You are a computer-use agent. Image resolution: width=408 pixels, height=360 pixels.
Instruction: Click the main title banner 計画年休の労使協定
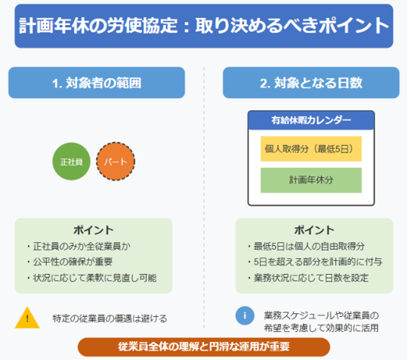(x=204, y=26)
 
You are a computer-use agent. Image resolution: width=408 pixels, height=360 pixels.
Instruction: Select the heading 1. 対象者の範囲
(x=97, y=83)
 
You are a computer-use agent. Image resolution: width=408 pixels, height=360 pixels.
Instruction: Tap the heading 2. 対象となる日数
(x=311, y=83)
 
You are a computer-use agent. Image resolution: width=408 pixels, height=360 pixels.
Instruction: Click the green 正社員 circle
(x=71, y=162)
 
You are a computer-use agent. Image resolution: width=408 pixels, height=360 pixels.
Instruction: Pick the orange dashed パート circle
(x=116, y=162)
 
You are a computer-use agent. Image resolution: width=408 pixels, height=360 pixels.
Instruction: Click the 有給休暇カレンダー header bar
(x=311, y=120)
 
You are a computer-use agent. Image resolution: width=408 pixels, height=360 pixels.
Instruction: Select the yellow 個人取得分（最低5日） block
(x=311, y=149)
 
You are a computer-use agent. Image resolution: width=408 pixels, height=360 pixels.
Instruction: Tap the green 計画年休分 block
(x=311, y=180)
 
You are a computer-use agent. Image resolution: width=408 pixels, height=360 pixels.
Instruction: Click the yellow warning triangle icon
(x=27, y=318)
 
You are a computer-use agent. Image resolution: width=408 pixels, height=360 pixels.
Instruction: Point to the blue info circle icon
(x=245, y=315)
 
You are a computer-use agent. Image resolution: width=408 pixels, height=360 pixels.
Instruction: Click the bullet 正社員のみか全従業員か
(x=79, y=246)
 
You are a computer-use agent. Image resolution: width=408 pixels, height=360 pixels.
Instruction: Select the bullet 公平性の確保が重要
(x=70, y=262)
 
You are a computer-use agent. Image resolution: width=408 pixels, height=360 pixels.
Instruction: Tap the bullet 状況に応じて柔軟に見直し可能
(x=91, y=278)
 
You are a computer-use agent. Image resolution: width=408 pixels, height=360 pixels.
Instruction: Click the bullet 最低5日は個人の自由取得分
(x=306, y=246)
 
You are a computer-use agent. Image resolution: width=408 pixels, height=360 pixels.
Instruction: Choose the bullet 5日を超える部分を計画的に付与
(x=315, y=262)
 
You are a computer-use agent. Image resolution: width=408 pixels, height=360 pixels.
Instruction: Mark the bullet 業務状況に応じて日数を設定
(x=308, y=278)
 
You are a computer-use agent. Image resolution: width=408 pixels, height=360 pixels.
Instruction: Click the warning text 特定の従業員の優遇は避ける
(x=110, y=318)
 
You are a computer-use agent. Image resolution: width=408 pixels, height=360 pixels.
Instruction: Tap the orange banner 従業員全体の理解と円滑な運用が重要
(x=204, y=346)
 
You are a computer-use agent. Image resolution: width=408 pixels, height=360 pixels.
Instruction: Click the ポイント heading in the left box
(x=94, y=230)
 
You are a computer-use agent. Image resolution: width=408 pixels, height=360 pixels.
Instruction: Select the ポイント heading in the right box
(x=314, y=230)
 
